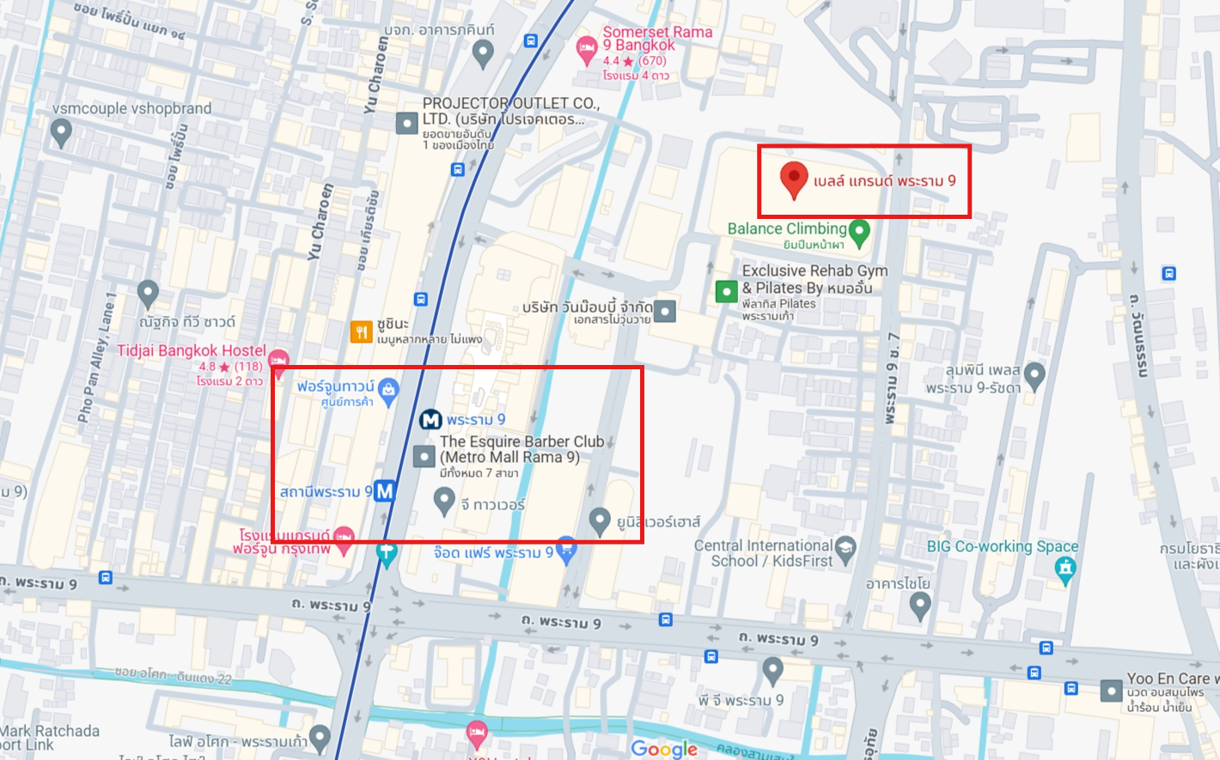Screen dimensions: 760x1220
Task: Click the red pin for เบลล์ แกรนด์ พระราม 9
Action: pos(793,179)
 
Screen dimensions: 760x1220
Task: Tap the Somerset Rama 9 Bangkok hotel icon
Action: pos(586,48)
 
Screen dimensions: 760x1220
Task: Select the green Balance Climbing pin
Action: pos(859,231)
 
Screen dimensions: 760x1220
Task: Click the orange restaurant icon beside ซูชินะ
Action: pos(362,331)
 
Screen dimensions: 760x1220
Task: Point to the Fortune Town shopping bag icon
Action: pos(388,390)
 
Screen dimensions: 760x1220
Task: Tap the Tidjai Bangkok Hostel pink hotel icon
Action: pos(278,361)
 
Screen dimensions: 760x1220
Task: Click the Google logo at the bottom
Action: pos(664,749)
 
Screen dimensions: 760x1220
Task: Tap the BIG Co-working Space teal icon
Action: pos(1065,568)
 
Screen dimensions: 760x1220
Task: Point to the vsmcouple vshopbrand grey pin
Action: pos(61,131)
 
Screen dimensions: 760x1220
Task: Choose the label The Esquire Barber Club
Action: pos(522,441)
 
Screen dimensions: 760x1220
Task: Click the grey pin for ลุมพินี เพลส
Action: pos(1034,374)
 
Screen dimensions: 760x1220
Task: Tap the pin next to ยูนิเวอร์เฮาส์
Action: pos(600,519)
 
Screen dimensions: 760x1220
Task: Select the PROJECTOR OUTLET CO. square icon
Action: pos(406,123)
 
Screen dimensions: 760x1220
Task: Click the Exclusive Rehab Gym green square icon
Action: pos(727,291)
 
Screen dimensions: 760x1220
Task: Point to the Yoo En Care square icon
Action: pos(1112,690)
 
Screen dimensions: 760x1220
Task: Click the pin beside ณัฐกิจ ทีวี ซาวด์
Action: pos(148,292)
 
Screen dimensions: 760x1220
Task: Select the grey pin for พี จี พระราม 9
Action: pos(772,668)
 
